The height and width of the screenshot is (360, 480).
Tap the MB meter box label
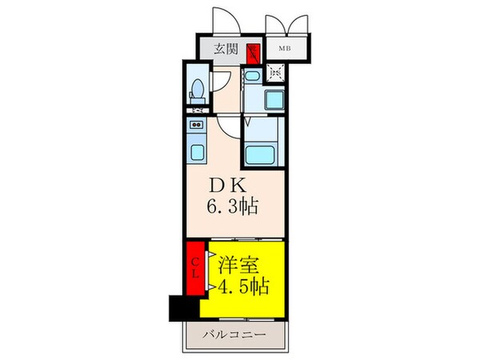tap(284, 49)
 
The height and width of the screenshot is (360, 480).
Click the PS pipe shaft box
tap(276, 74)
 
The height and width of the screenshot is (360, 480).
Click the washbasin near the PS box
tap(250, 77)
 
